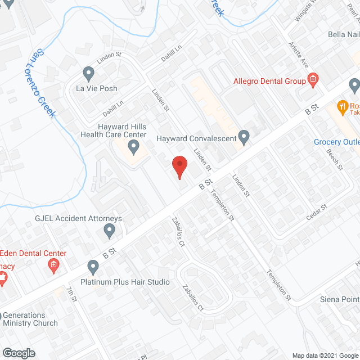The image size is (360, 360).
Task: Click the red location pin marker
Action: pos(179,167)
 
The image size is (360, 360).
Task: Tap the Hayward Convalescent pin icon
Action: pos(244,136)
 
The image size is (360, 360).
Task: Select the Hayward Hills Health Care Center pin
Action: pos(134,148)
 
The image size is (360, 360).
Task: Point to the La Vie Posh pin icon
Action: pos(88,73)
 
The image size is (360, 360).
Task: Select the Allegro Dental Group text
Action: pos(269,81)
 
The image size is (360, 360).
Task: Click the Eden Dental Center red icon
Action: pos(54,264)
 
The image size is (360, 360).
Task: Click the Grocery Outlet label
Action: pos(336,142)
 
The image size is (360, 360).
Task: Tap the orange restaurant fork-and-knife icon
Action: pos(341,106)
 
